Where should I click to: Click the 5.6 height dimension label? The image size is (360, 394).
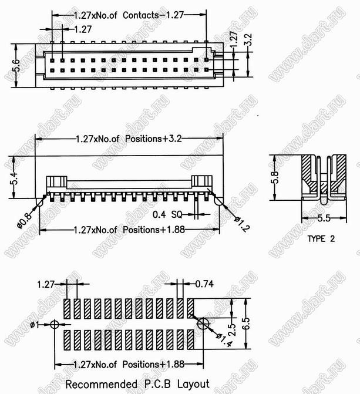(x=16, y=65)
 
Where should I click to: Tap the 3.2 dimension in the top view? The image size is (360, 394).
(x=248, y=39)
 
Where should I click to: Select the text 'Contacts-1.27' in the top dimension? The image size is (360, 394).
(x=153, y=15)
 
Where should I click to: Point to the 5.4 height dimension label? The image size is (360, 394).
(x=15, y=178)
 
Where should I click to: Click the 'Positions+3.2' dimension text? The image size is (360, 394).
(x=153, y=139)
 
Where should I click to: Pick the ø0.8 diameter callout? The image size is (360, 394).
(x=25, y=221)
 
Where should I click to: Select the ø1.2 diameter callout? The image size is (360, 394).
(x=243, y=224)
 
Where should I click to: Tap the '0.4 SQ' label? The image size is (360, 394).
(x=167, y=214)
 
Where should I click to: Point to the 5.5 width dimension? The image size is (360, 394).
(x=324, y=218)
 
